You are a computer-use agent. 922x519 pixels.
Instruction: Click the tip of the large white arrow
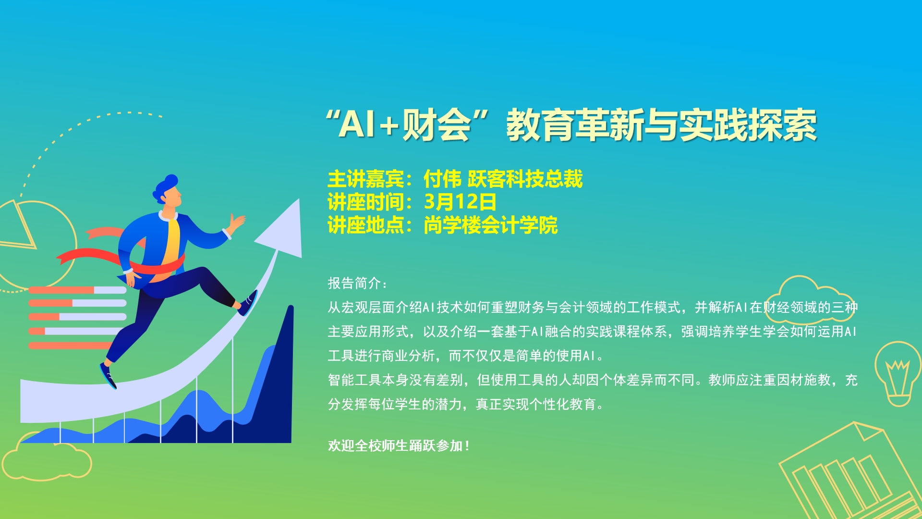(299, 200)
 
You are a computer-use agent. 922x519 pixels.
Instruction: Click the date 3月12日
(460, 202)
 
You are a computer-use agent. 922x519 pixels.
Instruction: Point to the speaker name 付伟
(442, 179)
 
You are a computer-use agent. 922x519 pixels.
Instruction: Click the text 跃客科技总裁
(525, 179)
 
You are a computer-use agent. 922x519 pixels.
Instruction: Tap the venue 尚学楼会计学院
(490, 225)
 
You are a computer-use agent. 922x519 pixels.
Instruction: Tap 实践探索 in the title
(748, 124)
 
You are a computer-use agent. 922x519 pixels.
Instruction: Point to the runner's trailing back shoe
(108, 375)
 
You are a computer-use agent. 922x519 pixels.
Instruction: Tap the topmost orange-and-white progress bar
(77, 290)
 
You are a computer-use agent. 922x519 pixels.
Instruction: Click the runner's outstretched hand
(237, 222)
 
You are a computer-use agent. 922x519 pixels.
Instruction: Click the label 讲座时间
(366, 202)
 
